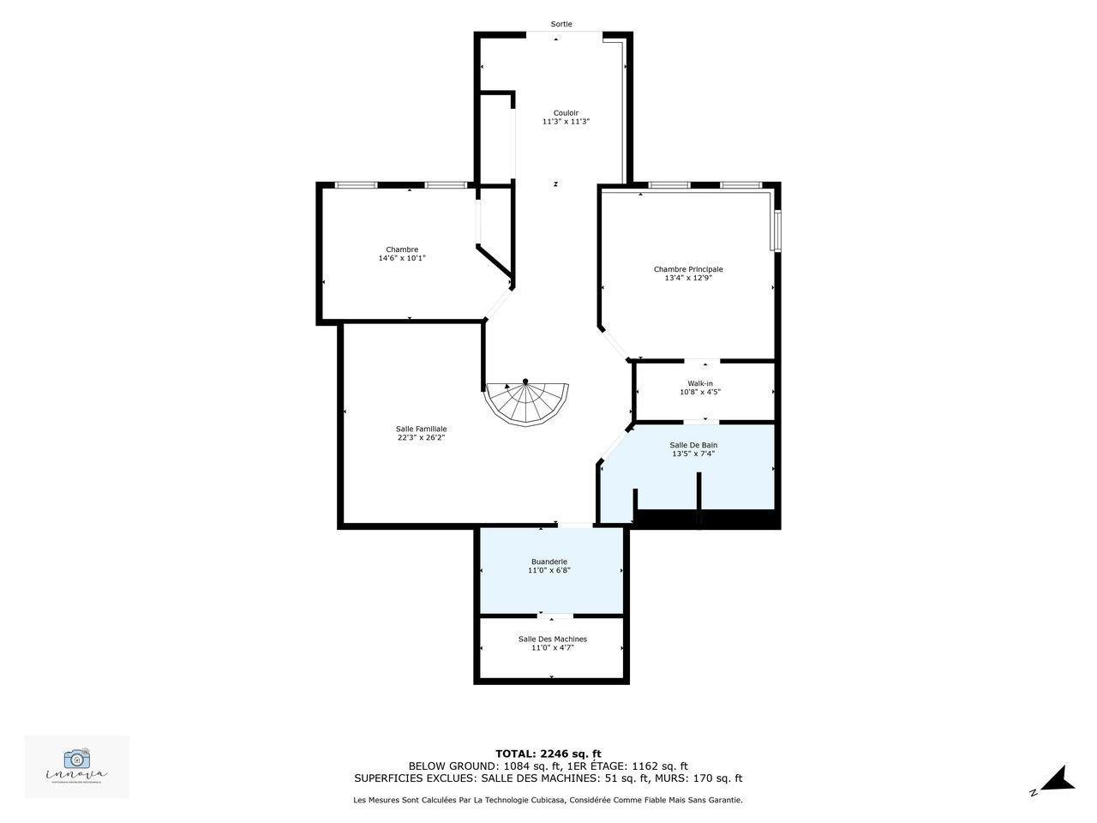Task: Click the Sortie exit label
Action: point(561,24)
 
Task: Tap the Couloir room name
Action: point(566,112)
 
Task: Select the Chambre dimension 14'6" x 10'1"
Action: point(402,258)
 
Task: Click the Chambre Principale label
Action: point(688,269)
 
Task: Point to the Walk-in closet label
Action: point(699,383)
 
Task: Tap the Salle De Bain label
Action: point(693,445)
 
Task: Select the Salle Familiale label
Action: point(421,429)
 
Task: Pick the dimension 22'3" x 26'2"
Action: point(421,437)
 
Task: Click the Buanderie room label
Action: point(548,562)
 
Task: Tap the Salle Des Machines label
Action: point(552,639)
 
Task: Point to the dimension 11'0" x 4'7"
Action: point(552,648)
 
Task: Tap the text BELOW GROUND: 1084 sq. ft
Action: point(485,766)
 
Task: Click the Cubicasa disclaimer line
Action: point(548,800)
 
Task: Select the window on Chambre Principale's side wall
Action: point(776,231)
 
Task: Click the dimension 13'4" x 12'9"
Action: point(688,278)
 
